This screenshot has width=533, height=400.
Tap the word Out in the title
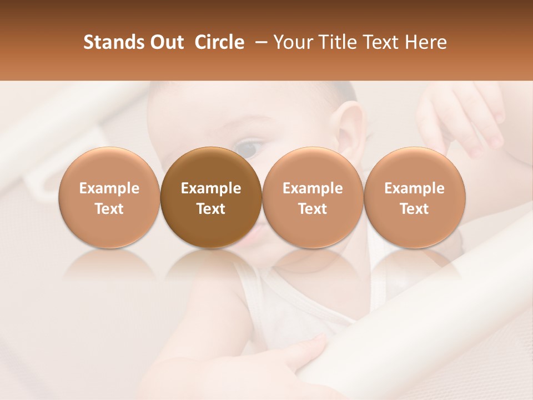[165, 42]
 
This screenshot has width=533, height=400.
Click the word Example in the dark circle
[211, 188]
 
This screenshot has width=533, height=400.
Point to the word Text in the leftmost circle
[109, 209]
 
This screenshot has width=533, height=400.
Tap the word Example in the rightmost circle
[414, 188]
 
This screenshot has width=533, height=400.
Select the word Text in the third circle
[313, 209]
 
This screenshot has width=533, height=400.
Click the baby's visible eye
[251, 147]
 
